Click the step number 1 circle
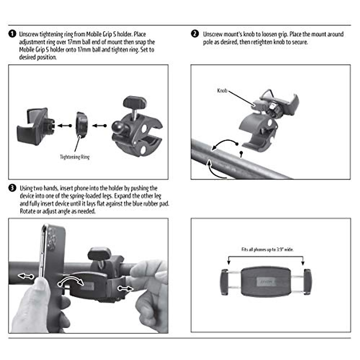pyautogui.click(x=12, y=34)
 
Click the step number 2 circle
pyautogui.click(x=195, y=34)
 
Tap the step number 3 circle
pyautogui.click(x=12, y=188)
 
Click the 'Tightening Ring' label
pyautogui.click(x=74, y=157)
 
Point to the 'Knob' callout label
pyautogui.click(x=222, y=91)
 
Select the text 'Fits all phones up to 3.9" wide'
pyautogui.click(x=267, y=249)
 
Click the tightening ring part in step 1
pyautogui.click(x=82, y=125)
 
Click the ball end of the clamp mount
pyautogui.click(x=118, y=126)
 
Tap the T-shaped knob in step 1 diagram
pyautogui.click(x=134, y=103)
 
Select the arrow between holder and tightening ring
pyautogui.click(x=64, y=126)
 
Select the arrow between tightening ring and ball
pyautogui.click(x=99, y=126)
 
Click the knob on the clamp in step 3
pyautogui.click(x=99, y=254)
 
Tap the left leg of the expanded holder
pyautogui.click(x=224, y=282)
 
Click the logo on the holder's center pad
pyautogui.click(x=266, y=282)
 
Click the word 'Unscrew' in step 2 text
pyautogui.click(x=212, y=34)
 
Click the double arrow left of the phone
pyautogui.click(x=26, y=276)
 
